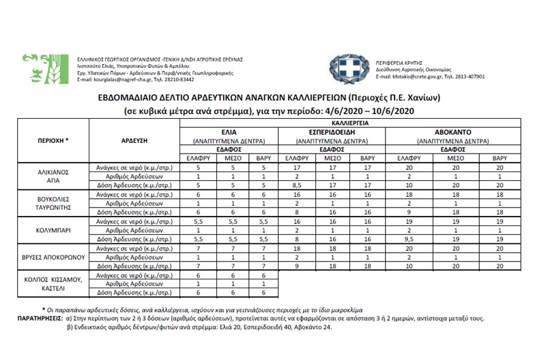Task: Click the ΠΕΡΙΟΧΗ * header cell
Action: point(53,139)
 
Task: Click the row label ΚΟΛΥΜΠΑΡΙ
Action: point(53,231)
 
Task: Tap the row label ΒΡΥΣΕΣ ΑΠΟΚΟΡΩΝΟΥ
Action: point(53,258)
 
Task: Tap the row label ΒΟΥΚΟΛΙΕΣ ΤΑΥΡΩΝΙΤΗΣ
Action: point(53,204)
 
